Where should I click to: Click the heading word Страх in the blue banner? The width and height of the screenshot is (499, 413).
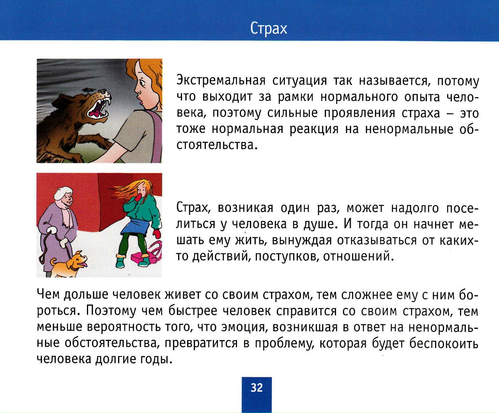pyautogui.click(x=268, y=29)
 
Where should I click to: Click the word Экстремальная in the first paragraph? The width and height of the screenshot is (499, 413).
pyautogui.click(x=221, y=80)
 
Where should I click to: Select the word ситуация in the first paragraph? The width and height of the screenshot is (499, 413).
pyautogui.click(x=300, y=81)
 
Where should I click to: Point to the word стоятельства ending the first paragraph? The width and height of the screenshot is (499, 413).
pyautogui.click(x=217, y=145)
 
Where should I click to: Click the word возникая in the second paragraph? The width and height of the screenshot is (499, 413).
pyautogui.click(x=246, y=208)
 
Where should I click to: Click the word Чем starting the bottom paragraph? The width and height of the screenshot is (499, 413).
pyautogui.click(x=48, y=294)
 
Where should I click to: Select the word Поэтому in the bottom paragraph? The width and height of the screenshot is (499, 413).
pyautogui.click(x=111, y=311)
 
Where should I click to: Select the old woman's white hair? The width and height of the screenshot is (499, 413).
pyautogui.click(x=63, y=193)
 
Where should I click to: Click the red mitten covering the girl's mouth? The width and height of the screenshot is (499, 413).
pyautogui.click(x=138, y=198)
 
